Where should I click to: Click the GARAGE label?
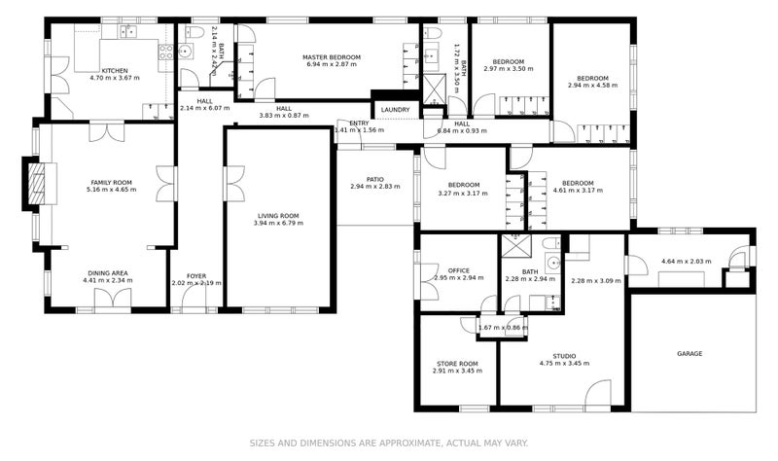tap(690, 354)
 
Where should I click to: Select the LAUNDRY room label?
tap(395, 110)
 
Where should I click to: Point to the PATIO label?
tap(375, 179)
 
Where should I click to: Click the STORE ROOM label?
tap(455, 364)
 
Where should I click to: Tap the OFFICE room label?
tap(459, 270)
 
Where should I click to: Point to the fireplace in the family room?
tap(37, 183)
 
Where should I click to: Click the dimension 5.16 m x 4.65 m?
tap(112, 190)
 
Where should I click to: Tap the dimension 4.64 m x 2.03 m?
tap(687, 261)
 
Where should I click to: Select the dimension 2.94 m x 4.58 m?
tap(592, 86)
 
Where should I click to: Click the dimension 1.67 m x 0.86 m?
tap(503, 328)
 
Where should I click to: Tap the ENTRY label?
tap(359, 123)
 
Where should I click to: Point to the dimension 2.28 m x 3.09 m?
tap(595, 281)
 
